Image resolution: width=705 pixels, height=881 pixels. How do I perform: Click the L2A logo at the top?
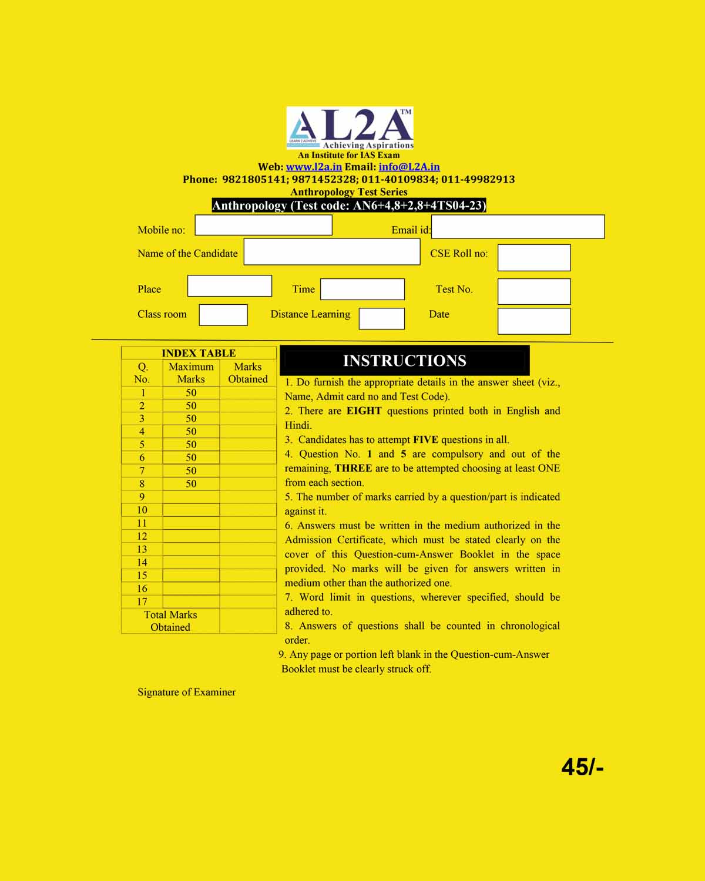point(350,128)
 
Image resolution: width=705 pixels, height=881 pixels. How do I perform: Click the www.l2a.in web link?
point(314,167)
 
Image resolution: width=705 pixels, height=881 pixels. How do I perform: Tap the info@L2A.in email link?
point(409,167)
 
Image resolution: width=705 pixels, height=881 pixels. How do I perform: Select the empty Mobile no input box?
point(263,225)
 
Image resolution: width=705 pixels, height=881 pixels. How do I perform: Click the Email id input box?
point(518,227)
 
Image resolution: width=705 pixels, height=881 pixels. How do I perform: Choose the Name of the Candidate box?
point(332,251)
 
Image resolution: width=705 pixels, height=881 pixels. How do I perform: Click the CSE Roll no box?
point(534,258)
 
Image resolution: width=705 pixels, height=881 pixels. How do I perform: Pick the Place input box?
point(230,286)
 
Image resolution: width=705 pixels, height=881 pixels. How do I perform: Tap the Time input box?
point(362,289)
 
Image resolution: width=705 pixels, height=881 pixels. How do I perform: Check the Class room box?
point(223,315)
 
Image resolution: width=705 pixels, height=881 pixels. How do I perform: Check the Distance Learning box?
point(382,319)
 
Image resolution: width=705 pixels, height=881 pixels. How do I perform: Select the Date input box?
point(534,321)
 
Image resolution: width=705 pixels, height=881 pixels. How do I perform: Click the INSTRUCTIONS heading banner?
point(405,361)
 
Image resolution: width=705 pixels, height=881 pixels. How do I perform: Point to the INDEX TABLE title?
point(199,353)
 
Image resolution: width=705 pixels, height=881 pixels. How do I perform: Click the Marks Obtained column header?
point(248,373)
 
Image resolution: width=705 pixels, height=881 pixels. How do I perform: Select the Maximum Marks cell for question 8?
point(191,484)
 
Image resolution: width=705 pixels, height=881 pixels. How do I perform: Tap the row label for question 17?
point(142,601)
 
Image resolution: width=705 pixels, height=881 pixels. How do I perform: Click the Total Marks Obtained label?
point(170,621)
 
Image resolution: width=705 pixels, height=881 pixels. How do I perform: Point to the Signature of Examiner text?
point(186,692)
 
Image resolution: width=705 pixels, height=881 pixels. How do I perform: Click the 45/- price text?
point(582,767)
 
